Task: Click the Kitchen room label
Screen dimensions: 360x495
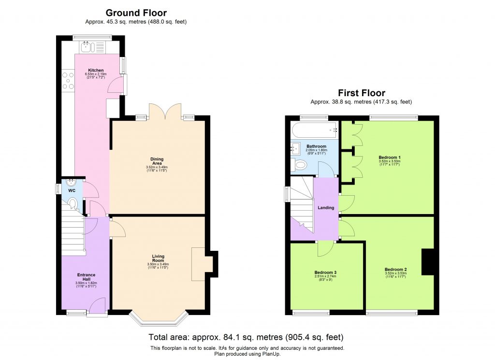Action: point(95,70)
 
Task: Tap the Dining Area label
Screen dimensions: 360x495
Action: point(157,159)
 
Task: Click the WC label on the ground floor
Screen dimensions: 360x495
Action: point(72,191)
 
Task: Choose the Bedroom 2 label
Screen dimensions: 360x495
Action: point(395,269)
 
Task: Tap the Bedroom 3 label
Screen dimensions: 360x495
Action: point(325,273)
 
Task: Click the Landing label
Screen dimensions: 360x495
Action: point(326,208)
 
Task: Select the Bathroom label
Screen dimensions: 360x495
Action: point(316,146)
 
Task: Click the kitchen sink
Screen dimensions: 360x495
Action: point(87,47)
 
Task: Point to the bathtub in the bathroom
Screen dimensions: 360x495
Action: point(315,130)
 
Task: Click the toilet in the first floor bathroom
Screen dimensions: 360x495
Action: point(300,166)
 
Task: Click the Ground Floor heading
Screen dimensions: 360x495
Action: point(136,13)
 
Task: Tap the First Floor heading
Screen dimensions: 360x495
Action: point(361,93)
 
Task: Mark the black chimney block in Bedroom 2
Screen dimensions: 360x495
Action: point(428,261)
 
